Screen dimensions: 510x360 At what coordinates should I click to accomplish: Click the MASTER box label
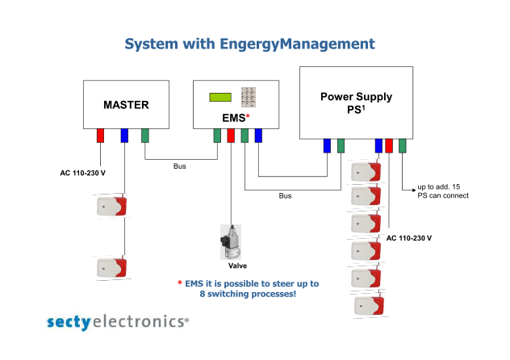[126, 105]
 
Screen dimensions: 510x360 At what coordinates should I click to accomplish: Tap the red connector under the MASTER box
[100, 136]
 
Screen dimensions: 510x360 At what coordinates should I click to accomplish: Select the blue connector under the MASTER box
[124, 136]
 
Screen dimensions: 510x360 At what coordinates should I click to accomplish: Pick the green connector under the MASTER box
[145, 136]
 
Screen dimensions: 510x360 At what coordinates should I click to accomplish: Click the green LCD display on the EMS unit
[220, 97]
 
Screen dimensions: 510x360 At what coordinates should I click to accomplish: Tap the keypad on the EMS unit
[249, 97]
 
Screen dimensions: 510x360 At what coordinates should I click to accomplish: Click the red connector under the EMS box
[231, 136]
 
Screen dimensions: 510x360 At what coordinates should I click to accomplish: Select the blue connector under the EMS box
[258, 136]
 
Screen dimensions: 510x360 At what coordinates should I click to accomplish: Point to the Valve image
[231, 242]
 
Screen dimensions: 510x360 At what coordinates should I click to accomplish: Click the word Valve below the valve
[237, 266]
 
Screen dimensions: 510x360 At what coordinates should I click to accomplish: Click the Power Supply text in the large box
[356, 97]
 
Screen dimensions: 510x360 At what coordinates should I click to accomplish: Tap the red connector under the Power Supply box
[389, 145]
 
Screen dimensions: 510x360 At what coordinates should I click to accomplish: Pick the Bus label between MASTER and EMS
[179, 166]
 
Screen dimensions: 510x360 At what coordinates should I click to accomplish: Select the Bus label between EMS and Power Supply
[285, 196]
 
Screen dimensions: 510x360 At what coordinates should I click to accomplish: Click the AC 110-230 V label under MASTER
[82, 173]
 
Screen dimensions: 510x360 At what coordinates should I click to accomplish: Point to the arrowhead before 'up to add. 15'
[414, 190]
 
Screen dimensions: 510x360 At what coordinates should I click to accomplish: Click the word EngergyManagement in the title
[297, 44]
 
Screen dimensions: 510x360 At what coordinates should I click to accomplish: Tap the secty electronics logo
[118, 322]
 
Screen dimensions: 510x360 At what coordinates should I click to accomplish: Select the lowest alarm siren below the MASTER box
[112, 268]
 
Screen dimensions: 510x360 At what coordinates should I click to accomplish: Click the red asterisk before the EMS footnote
[179, 283]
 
